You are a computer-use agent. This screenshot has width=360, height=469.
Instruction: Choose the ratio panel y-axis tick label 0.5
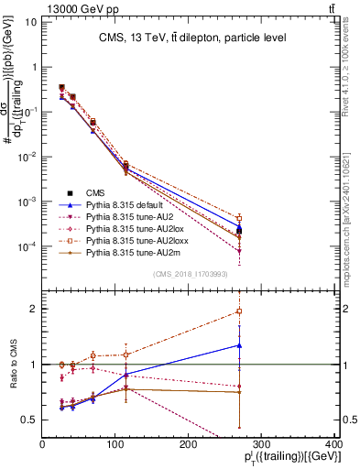[28, 420]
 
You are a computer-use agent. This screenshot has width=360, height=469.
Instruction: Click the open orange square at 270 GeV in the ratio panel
[239, 311]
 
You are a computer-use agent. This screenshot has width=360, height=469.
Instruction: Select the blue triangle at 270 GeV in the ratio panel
[239, 345]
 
